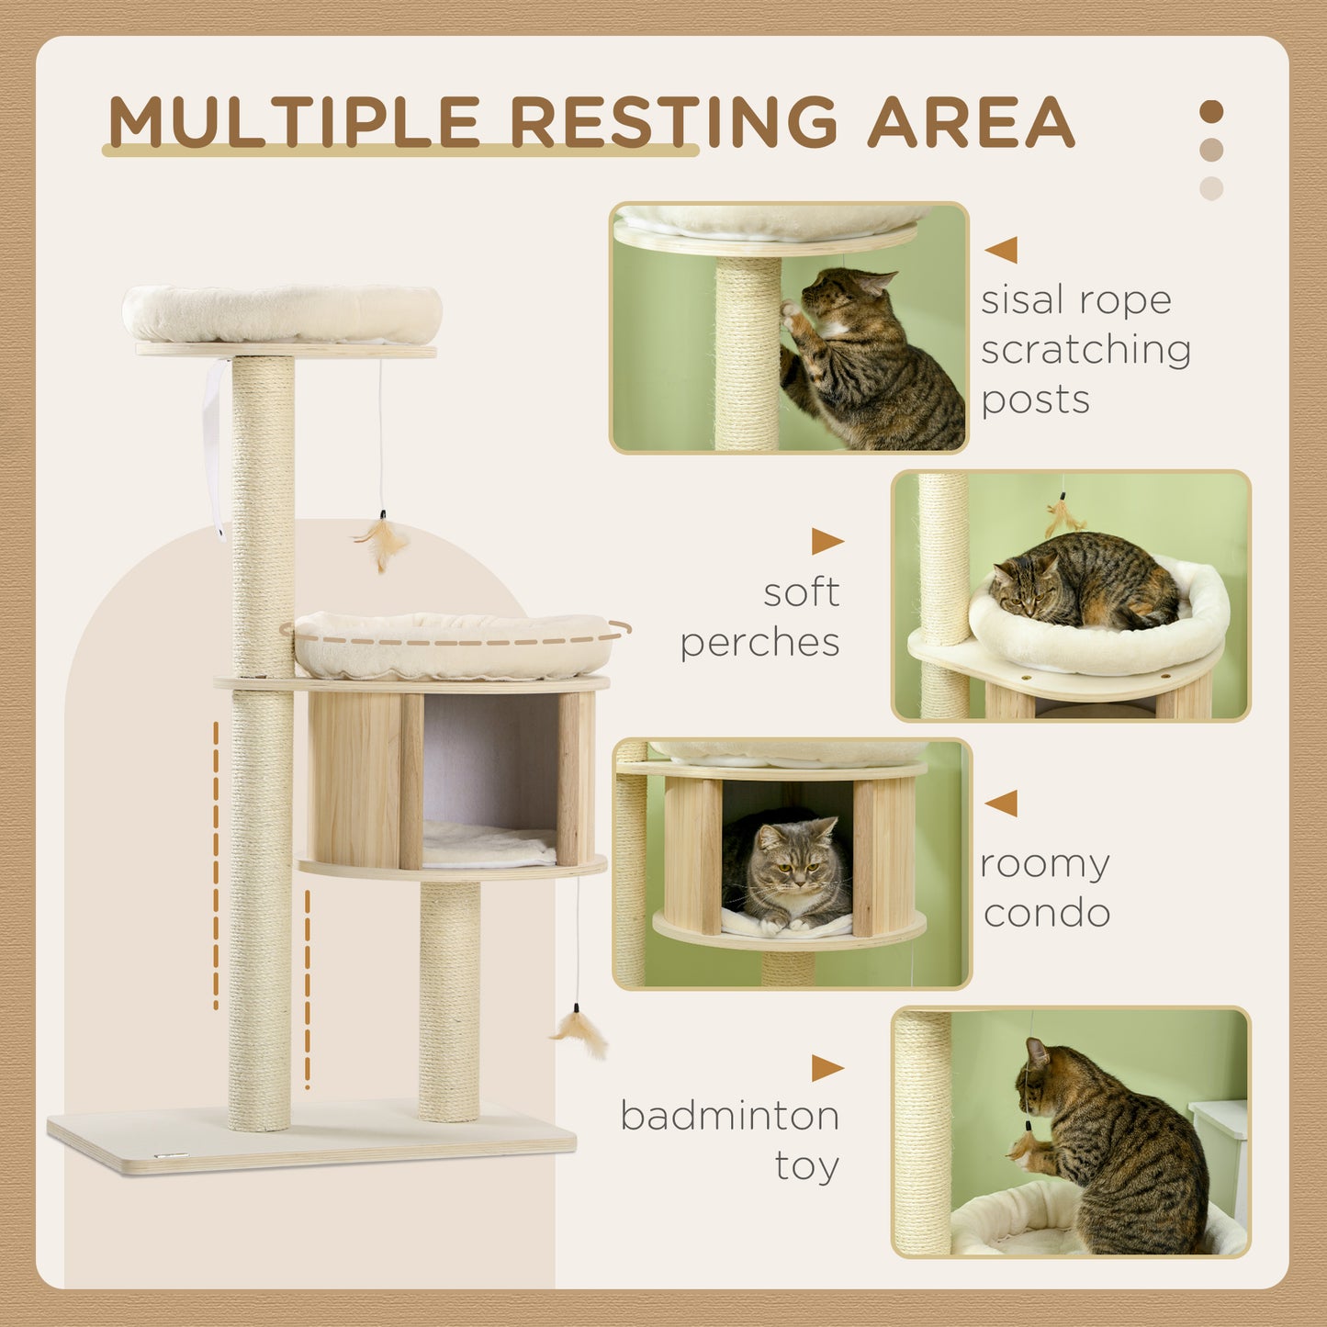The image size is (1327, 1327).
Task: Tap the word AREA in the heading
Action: pos(971,122)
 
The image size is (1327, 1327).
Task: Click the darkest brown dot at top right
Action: pos(1211,112)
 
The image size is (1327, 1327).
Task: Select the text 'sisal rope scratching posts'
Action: pos(1084,350)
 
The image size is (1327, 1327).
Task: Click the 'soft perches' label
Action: pos(760,617)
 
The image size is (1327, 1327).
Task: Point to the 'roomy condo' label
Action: pos(1046,888)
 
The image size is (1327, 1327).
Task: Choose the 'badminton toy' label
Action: pos(731,1140)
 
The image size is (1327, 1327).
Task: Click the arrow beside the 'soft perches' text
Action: pos(827,542)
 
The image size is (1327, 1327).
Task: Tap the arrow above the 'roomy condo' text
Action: pos(1002,803)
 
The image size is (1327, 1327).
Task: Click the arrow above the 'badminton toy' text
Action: pos(827,1068)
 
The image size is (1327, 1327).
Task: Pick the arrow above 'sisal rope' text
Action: pos(1002,250)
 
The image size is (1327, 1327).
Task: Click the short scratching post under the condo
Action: pos(449,1001)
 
